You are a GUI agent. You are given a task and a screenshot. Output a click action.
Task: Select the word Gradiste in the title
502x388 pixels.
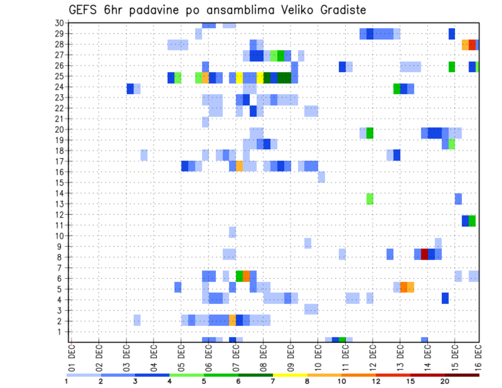tap(338, 10)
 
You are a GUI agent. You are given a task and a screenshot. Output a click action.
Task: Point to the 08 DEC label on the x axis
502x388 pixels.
tap(264, 355)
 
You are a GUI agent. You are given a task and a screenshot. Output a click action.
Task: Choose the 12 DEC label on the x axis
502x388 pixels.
tap(373, 355)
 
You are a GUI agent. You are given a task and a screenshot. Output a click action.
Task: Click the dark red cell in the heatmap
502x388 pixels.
tap(425, 254)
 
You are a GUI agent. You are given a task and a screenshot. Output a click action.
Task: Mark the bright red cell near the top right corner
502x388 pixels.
tap(472, 44)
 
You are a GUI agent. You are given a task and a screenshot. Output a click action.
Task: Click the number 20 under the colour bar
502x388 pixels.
tap(445, 381)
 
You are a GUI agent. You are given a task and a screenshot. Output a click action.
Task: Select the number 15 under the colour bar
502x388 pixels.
tap(410, 381)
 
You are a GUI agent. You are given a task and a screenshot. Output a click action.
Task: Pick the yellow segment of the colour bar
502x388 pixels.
tap(290, 375)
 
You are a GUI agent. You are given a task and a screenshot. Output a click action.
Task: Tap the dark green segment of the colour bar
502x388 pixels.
tap(256, 375)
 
